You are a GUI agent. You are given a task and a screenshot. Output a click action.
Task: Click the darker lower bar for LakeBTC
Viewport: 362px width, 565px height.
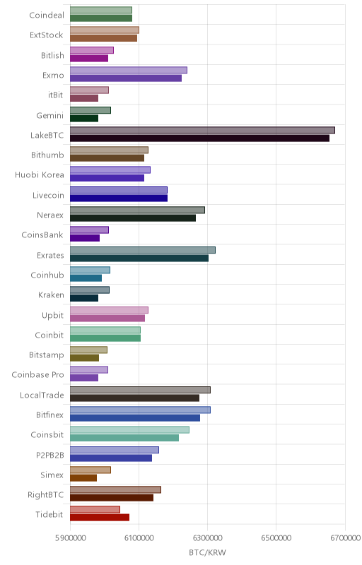(x=200, y=138)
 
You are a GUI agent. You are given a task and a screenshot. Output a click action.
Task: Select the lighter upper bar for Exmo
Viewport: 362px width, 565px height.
(x=129, y=70)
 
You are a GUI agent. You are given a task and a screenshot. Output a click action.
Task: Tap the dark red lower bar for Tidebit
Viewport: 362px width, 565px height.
(x=100, y=518)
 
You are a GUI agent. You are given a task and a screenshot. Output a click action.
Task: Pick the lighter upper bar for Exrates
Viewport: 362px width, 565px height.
(x=143, y=250)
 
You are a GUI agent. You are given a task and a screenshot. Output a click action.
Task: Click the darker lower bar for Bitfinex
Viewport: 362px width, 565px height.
(x=135, y=418)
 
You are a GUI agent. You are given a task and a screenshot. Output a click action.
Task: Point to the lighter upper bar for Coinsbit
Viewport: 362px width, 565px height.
(x=129, y=430)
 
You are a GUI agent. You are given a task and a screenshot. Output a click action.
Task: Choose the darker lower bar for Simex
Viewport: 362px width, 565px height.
(x=83, y=478)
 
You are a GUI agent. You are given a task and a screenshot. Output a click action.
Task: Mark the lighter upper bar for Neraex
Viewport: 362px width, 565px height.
(x=137, y=210)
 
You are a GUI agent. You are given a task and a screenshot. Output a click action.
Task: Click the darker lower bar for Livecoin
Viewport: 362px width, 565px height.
(x=119, y=198)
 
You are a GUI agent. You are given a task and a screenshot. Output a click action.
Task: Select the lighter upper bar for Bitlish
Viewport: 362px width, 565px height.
(x=92, y=50)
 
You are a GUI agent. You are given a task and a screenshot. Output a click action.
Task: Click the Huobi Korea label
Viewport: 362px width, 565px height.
(x=40, y=175)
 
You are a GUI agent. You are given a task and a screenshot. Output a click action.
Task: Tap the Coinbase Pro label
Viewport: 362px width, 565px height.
(x=37, y=375)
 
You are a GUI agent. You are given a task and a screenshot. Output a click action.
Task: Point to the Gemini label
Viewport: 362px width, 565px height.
(x=49, y=115)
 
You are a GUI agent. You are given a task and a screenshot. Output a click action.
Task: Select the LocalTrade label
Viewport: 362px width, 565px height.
(x=42, y=395)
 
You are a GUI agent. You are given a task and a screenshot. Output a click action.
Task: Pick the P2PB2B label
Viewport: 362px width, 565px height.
(x=50, y=455)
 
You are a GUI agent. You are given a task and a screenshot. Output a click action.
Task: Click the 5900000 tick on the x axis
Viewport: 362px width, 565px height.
(x=70, y=538)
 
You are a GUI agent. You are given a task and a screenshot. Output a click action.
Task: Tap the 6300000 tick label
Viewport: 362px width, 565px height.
(x=208, y=538)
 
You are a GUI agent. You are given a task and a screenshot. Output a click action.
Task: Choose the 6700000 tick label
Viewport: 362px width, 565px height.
(x=345, y=538)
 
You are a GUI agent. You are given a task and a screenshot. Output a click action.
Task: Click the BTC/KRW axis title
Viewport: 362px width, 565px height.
(x=207, y=553)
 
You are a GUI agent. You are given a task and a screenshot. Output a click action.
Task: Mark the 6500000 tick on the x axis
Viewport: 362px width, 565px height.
(x=276, y=538)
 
